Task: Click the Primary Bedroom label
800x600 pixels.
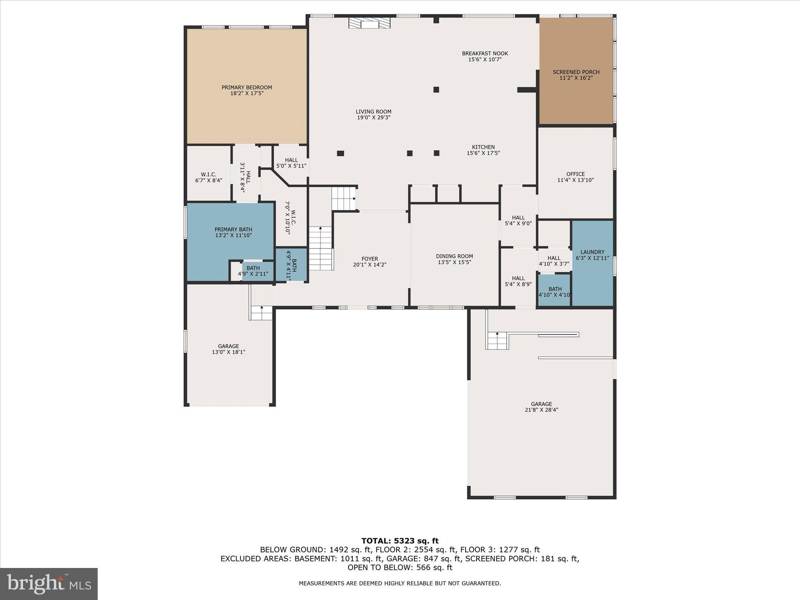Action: (246, 87)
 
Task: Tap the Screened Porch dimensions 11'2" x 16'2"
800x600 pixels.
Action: (576, 78)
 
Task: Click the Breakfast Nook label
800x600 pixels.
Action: (485, 54)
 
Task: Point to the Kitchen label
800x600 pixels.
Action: (483, 147)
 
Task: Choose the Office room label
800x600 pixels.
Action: (575, 174)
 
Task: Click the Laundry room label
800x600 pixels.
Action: (592, 252)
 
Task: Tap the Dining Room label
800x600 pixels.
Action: (454, 256)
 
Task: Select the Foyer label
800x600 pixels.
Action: (370, 259)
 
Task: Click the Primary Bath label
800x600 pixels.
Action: (233, 229)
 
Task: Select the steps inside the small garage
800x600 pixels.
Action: (261, 313)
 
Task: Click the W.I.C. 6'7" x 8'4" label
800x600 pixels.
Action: (209, 177)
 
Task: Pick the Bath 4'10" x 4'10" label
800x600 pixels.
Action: (555, 292)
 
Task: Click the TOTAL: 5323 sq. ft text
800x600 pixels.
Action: (400, 541)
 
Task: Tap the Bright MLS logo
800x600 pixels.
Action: (49, 584)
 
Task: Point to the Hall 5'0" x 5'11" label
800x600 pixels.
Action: (291, 163)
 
